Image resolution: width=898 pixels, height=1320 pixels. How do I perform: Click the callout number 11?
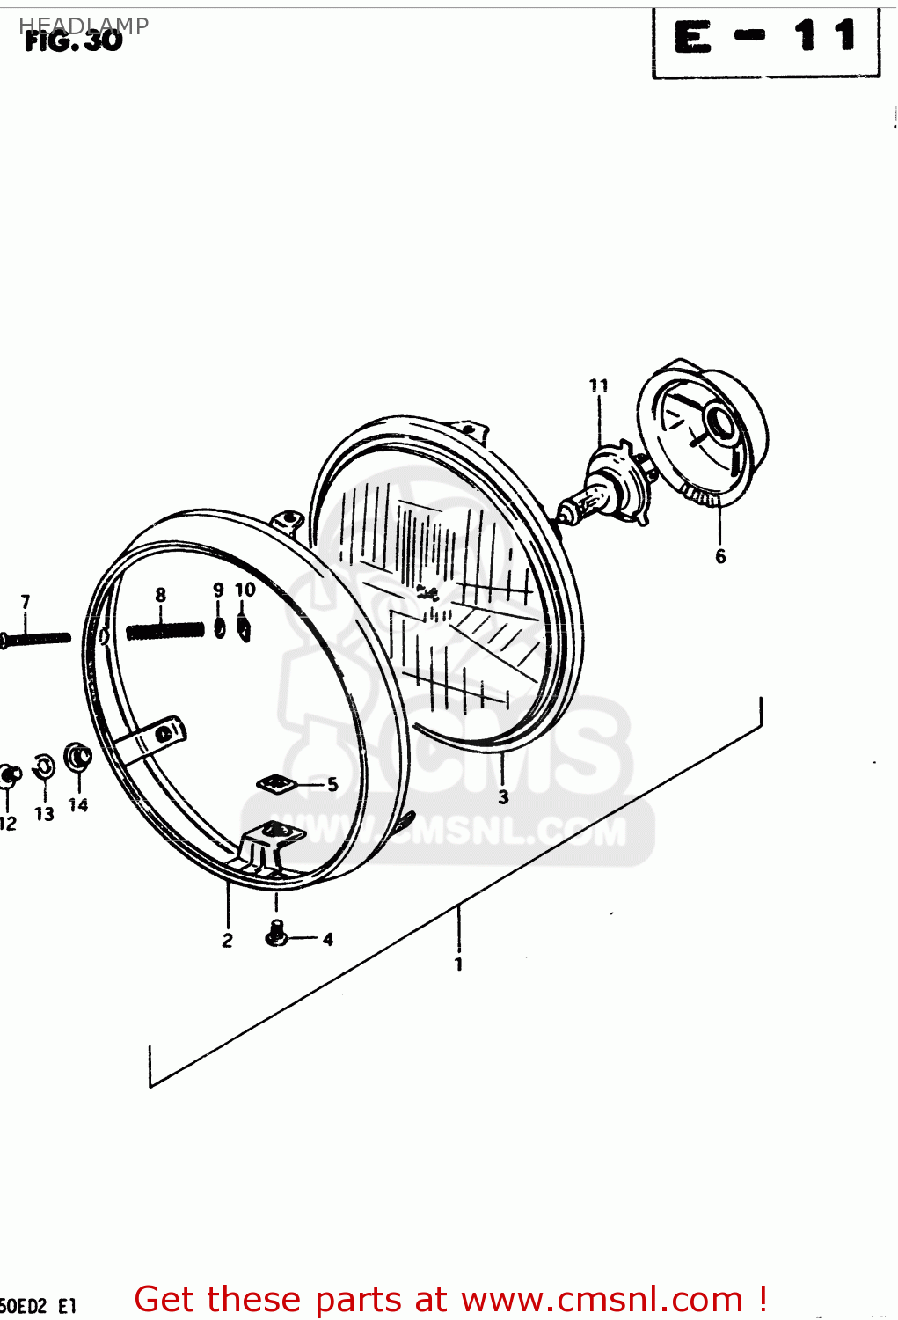[x=598, y=385]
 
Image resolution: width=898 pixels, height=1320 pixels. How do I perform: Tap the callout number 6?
[x=720, y=556]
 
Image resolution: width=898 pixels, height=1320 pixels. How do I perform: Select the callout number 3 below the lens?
[x=503, y=797]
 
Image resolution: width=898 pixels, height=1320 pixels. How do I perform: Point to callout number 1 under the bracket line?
[x=458, y=964]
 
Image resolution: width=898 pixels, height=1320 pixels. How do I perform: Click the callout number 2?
[x=227, y=941]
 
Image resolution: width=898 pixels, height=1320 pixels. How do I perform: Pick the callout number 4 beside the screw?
[x=328, y=939]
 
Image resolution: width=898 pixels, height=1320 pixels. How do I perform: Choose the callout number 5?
[x=332, y=784]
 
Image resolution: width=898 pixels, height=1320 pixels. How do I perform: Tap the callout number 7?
[x=26, y=602]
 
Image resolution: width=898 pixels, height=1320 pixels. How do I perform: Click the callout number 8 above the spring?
[x=160, y=596]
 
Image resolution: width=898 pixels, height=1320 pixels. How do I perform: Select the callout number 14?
[x=78, y=804]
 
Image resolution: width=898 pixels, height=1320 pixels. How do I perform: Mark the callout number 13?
[x=44, y=814]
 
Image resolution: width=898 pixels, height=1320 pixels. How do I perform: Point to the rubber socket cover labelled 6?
[x=704, y=431]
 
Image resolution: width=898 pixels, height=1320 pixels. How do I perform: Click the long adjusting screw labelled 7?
[x=35, y=638]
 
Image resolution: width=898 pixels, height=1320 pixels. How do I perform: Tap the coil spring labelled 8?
[x=165, y=631]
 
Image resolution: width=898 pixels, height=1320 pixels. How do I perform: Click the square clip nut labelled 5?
[x=276, y=782]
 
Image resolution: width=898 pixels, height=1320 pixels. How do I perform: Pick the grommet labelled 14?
[x=78, y=757]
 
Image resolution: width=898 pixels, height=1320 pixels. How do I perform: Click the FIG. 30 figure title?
[x=74, y=40]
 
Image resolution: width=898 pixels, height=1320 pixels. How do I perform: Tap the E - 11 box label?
[x=765, y=40]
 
